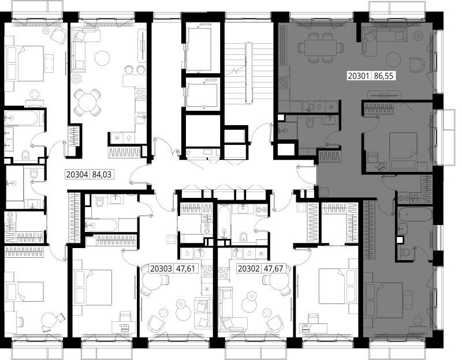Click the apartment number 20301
pyautogui.click(x=358, y=76)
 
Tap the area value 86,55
pyautogui.click(x=383, y=76)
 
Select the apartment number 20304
pyautogui.click(x=77, y=175)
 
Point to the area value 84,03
pyautogui.click(x=102, y=175)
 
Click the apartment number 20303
pyautogui.click(x=161, y=269)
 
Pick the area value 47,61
pyautogui.click(x=185, y=269)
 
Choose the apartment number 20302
pyautogui.click(x=248, y=269)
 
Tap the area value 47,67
pyautogui.click(x=273, y=269)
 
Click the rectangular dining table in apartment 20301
pyautogui.click(x=321, y=47)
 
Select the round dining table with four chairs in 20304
pyautogui.click(x=87, y=102)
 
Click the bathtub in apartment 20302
pyautogui.click(x=225, y=222)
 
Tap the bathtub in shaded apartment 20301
pyautogui.click(x=415, y=215)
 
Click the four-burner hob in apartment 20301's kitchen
pyautogui.click(x=285, y=82)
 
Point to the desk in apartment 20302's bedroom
pyautogui.click(x=313, y=327)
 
